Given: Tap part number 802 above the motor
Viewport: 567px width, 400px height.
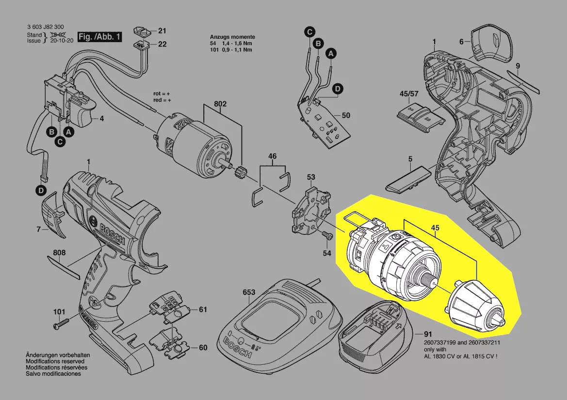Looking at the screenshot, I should coord(221,104).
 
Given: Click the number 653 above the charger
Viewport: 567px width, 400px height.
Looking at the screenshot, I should coord(249,292).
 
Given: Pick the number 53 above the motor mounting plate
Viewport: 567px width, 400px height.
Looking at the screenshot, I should coord(311,177).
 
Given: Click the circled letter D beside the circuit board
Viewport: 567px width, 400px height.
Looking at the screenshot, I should coord(338,89).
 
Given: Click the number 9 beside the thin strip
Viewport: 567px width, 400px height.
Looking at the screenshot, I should coord(518,66).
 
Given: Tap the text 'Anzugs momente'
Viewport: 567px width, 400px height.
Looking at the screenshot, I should coord(232,37).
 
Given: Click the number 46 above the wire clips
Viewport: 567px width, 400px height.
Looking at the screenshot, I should coord(273,156).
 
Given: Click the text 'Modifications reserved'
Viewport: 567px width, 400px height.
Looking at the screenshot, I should coord(55,361).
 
